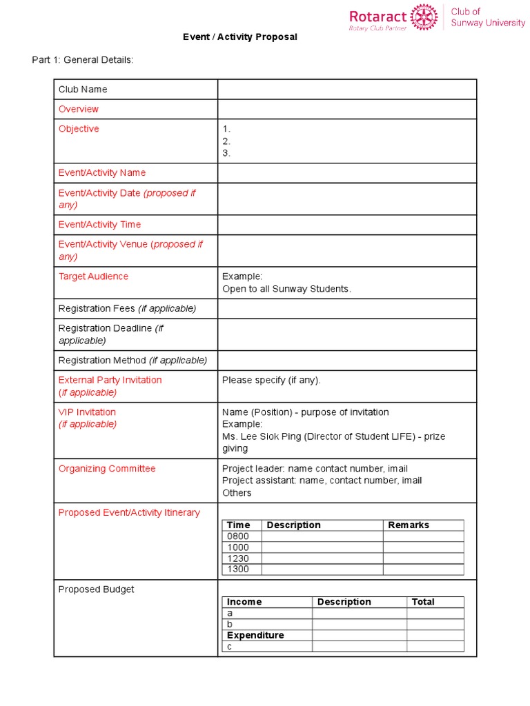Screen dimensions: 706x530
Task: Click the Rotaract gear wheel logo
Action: (x=424, y=17)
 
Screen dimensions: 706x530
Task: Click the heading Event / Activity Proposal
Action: (x=239, y=37)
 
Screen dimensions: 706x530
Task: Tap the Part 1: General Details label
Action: (x=82, y=60)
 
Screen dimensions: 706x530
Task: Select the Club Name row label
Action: (x=83, y=89)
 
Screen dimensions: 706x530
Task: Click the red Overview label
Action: (x=79, y=109)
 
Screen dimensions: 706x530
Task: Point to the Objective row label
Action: (x=79, y=129)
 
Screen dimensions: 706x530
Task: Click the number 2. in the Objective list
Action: (x=226, y=141)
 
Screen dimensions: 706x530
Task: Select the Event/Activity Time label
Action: (x=99, y=224)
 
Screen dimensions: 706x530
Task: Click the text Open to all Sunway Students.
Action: (x=286, y=289)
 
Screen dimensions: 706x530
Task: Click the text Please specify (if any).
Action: (x=271, y=380)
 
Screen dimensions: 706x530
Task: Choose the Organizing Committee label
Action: (x=107, y=469)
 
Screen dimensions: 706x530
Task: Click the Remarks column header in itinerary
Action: (x=409, y=525)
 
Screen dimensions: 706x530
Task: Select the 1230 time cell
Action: (x=238, y=558)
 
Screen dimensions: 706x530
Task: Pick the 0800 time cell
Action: (x=238, y=536)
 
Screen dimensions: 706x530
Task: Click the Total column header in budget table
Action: (x=423, y=602)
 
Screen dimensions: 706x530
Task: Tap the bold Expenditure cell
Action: (x=255, y=635)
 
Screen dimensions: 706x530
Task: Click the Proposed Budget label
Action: (x=96, y=589)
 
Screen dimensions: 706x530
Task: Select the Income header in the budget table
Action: (x=244, y=602)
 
